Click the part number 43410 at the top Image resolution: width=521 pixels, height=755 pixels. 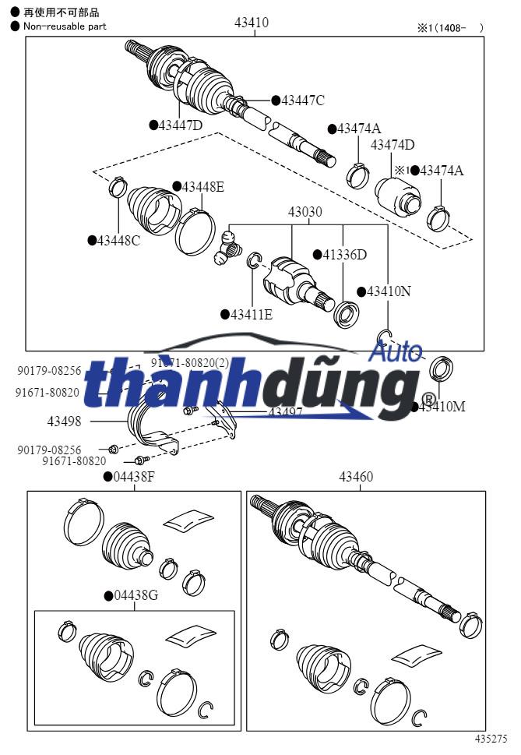tap(252, 23)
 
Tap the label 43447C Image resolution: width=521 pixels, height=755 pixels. tap(302, 100)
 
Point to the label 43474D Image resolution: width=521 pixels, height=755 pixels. tap(393, 145)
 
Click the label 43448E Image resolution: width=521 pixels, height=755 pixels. tap(202, 186)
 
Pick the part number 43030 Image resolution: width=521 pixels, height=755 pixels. tap(305, 212)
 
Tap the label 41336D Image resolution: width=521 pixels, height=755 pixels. tap(344, 254)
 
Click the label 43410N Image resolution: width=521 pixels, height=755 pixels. tap(389, 291)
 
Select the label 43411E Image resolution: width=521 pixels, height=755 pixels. tap(252, 314)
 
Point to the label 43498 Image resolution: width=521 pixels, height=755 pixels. tap(64, 421)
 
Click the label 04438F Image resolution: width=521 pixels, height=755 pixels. tap(133, 477)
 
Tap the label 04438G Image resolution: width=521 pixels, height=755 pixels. tap(136, 595)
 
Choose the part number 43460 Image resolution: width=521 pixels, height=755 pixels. tap(355, 477)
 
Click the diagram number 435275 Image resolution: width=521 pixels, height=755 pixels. tap(491, 739)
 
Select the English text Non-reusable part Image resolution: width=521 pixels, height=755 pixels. tap(65, 26)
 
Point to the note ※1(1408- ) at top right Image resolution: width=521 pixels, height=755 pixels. tap(450, 28)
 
